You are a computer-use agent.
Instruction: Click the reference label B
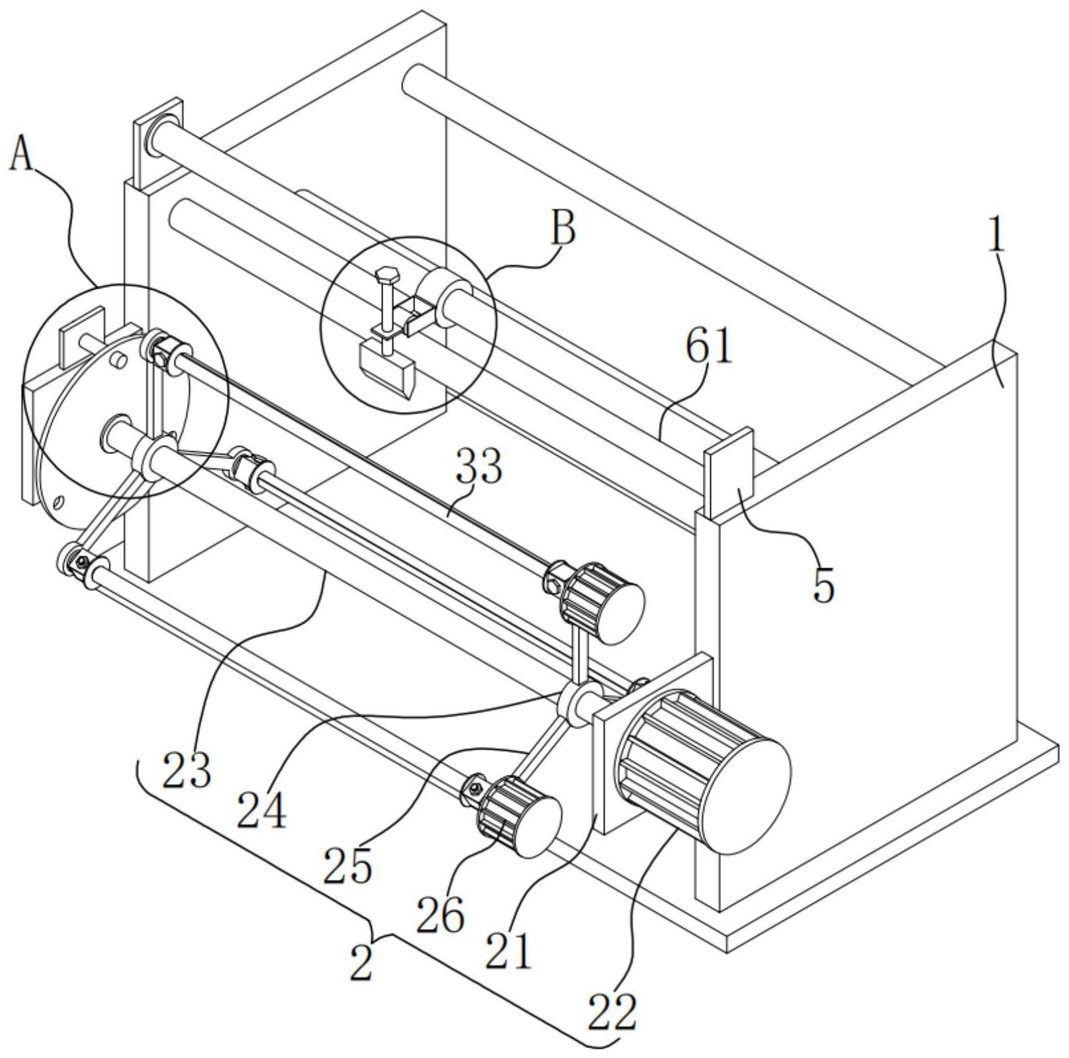coord(563,228)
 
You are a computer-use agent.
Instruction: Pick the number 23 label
coord(187,770)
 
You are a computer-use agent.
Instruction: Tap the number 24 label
coord(261,811)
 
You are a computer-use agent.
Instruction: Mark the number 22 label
coord(612,1012)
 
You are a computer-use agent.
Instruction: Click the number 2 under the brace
coord(361,963)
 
